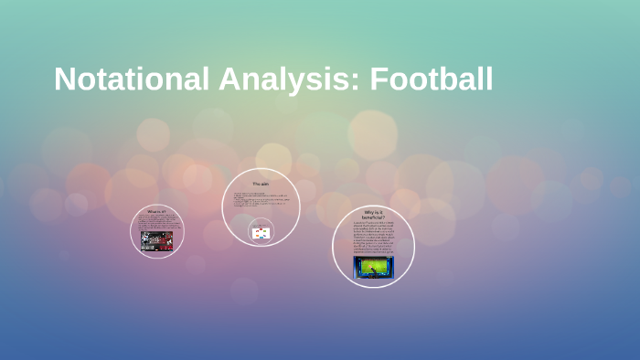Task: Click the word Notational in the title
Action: pos(132,79)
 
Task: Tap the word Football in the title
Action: pos(432,79)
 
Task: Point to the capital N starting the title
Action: pos(64,79)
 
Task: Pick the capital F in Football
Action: pos(379,79)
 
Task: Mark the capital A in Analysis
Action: pos(229,79)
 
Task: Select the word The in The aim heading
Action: pos(256,185)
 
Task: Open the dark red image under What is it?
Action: pos(156,239)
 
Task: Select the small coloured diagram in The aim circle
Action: pos(261,233)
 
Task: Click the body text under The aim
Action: pos(260,200)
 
